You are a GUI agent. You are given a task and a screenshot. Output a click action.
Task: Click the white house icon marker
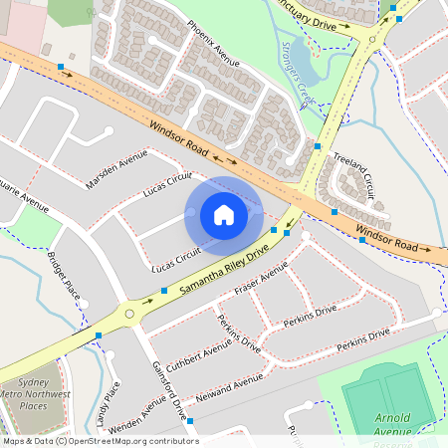tap(224, 215)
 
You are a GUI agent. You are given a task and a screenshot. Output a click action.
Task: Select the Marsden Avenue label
tap(116, 170)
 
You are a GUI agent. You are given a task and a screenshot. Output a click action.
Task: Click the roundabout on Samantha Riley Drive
tap(129, 314)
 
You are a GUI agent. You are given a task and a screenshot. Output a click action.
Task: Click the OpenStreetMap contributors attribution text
tap(100, 441)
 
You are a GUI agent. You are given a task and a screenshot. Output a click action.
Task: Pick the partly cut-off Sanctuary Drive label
tap(314, 15)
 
